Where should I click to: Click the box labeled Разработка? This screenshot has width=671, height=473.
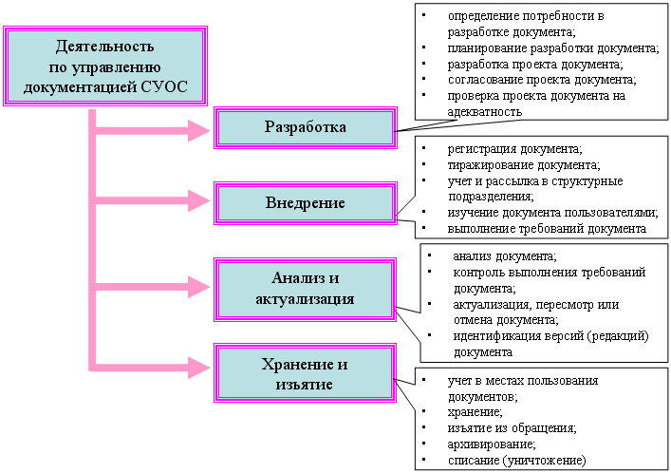[x=306, y=127]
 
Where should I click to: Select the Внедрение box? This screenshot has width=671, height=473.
[x=306, y=202]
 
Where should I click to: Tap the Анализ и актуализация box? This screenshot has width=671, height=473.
[x=305, y=289]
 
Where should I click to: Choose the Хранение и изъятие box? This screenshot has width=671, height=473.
[x=305, y=372]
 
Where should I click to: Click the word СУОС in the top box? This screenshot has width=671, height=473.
[x=164, y=87]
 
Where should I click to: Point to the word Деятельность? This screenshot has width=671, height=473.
[x=104, y=46]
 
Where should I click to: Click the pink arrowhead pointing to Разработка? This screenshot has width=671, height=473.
[x=199, y=130]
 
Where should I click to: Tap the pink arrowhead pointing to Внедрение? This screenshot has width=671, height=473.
[x=199, y=200]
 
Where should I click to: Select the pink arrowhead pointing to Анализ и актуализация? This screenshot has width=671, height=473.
[x=199, y=287]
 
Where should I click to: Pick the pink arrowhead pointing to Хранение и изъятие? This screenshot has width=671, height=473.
[x=199, y=368]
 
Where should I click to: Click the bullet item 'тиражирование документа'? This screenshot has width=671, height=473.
[x=524, y=165]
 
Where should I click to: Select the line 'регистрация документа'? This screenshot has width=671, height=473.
[x=514, y=149]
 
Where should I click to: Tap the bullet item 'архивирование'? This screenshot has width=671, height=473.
[x=492, y=445]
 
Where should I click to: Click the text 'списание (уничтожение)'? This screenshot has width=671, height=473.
[x=517, y=461]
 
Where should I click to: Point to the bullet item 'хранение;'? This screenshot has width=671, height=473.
[x=475, y=412]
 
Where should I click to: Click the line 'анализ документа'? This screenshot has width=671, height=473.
[x=505, y=256]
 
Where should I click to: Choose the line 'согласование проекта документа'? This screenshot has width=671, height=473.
[x=542, y=80]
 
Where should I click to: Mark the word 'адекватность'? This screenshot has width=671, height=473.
[x=485, y=112]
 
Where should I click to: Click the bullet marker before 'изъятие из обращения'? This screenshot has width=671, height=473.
[x=423, y=427]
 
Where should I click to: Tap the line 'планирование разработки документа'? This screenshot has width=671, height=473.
[x=553, y=48]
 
